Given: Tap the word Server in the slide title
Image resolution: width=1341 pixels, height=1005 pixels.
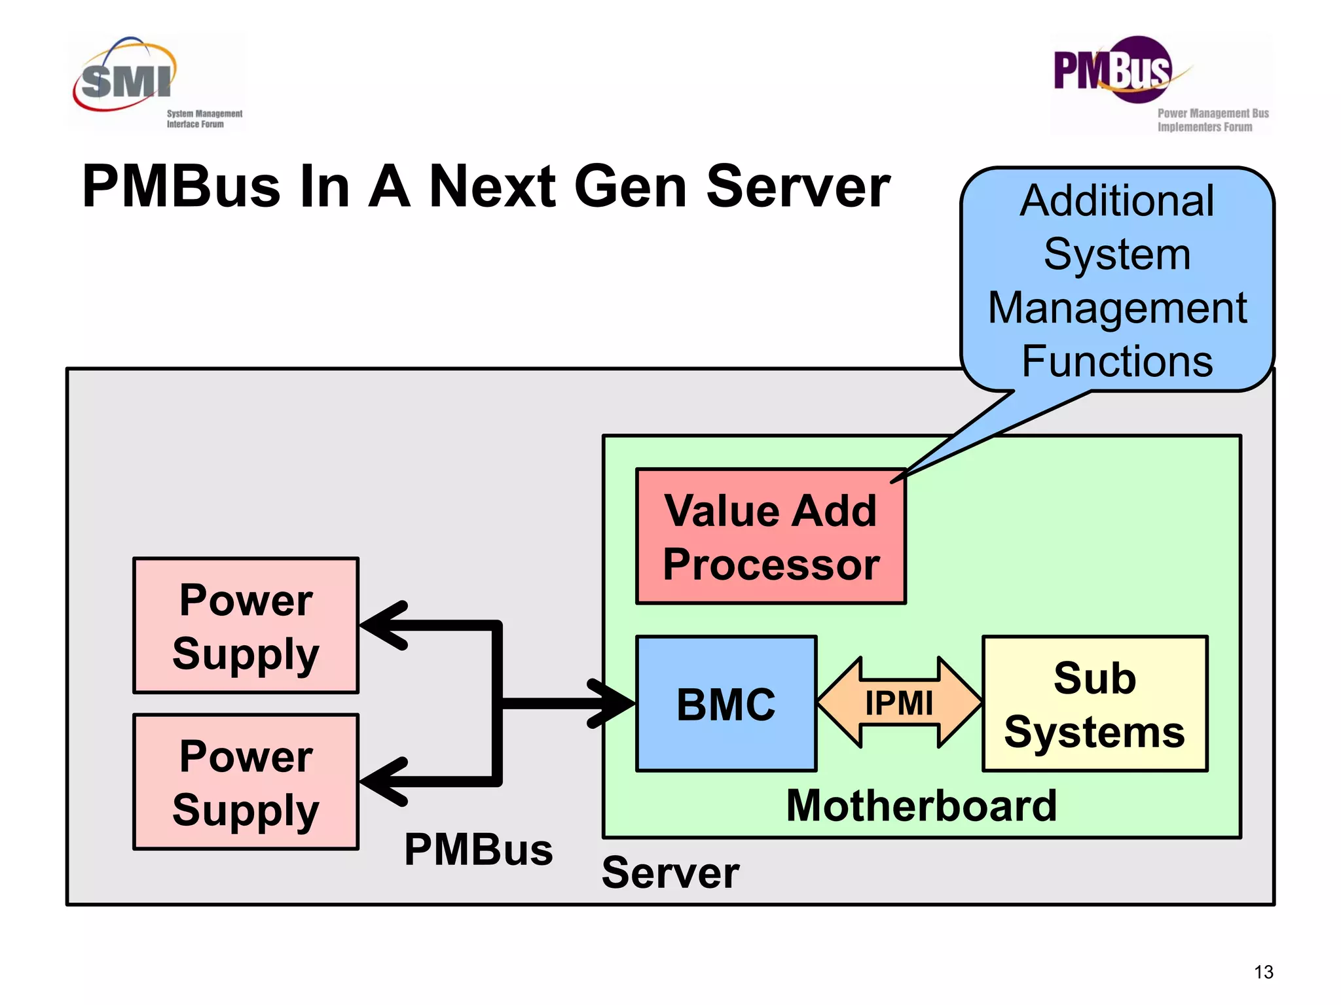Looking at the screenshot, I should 798,187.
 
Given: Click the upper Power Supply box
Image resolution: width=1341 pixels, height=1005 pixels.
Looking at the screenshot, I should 246,626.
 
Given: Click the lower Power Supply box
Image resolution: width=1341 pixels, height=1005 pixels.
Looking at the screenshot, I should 246,782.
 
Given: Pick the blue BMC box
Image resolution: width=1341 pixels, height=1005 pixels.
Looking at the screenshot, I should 726,704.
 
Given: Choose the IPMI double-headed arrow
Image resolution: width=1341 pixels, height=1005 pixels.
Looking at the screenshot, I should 899,703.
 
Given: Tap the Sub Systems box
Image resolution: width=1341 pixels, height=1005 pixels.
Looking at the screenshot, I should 1094,704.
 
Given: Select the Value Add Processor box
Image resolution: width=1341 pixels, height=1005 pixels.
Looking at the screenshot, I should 771,537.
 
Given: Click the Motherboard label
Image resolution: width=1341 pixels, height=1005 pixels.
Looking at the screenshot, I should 921,805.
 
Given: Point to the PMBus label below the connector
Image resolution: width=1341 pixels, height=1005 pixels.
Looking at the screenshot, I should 479,849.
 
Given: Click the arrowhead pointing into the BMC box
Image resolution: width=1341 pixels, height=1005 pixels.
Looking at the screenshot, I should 612,703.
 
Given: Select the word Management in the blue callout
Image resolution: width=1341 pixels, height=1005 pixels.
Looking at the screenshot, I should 1117,308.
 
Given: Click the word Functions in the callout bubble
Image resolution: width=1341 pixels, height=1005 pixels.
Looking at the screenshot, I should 1117,361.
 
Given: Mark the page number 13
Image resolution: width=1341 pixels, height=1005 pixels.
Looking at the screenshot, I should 1263,972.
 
